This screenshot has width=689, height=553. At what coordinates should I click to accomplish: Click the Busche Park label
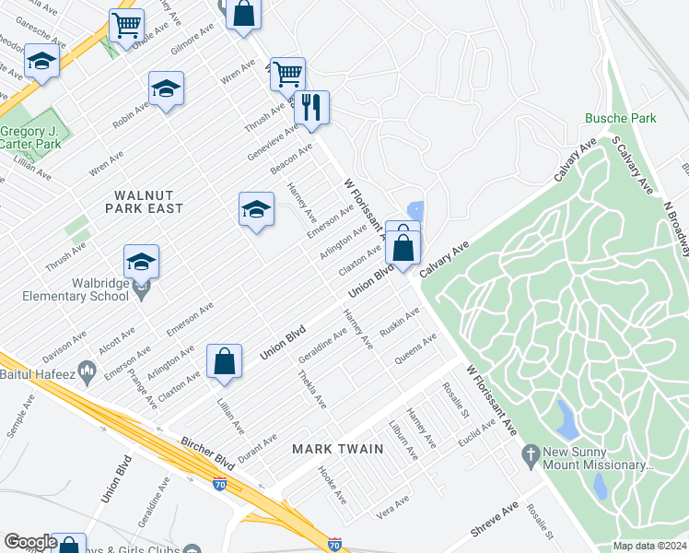tap(620, 118)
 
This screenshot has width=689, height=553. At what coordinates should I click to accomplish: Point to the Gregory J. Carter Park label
tap(30, 138)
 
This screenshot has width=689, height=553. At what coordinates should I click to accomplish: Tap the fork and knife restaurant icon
tap(310, 108)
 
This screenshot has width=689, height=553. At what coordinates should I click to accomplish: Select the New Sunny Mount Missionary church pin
tap(530, 453)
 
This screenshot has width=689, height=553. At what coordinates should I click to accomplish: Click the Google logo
tap(30, 542)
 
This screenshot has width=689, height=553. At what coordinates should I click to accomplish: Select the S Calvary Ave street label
tap(631, 167)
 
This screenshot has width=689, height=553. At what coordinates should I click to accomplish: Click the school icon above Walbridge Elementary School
tap(141, 261)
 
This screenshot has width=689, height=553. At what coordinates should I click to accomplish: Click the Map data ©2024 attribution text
tap(649, 546)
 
